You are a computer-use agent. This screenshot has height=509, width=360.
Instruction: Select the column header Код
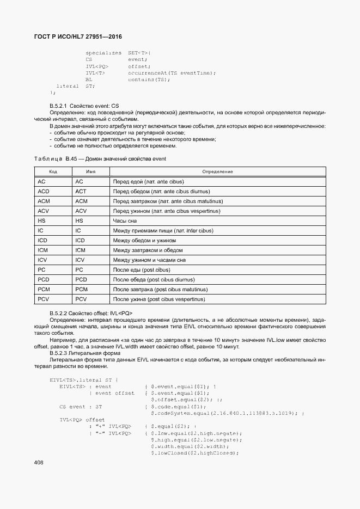(53, 171)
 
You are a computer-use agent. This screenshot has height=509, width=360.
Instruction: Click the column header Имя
(90, 171)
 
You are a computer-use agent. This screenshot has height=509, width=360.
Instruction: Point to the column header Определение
(217, 171)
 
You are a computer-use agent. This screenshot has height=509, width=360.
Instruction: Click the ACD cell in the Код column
(53, 192)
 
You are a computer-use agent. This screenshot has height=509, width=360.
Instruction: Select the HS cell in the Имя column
(90, 221)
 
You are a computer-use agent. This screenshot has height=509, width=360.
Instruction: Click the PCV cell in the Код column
(53, 299)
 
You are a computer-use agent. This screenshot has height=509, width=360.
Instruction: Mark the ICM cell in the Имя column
(90, 250)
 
